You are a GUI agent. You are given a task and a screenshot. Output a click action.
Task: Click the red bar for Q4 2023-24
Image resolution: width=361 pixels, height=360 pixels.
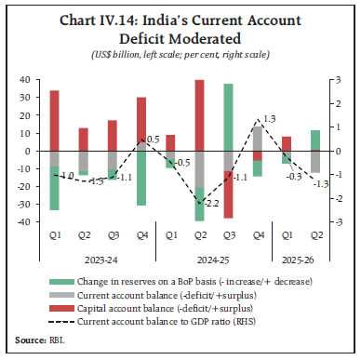[141, 123]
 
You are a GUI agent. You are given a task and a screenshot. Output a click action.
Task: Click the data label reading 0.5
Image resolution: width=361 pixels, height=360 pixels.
[154, 139]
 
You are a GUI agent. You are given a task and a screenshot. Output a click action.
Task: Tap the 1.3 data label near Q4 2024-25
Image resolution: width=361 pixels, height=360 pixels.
[269, 118]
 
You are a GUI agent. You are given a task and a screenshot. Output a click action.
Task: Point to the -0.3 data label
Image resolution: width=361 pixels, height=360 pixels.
[295, 176]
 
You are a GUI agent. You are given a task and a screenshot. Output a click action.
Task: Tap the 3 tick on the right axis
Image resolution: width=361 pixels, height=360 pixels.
[341, 80]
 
